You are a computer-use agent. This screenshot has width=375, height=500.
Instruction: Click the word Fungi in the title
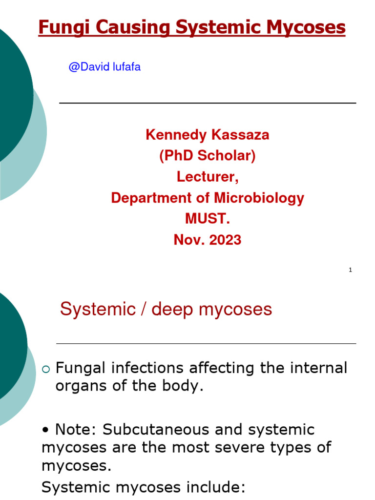(x=59, y=28)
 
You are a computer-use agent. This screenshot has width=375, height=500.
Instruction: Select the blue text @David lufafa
(x=104, y=67)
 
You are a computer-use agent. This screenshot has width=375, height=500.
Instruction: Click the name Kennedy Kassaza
(x=208, y=135)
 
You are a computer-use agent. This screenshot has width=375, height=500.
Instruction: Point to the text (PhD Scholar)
(x=208, y=156)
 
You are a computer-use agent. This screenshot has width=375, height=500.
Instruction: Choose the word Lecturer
(x=208, y=177)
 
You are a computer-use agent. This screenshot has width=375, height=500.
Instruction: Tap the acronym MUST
(x=208, y=219)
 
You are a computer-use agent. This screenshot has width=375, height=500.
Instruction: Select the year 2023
(x=224, y=240)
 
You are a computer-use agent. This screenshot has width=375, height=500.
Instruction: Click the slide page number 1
(x=351, y=270)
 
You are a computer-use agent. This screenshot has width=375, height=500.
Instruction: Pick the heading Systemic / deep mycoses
(x=166, y=309)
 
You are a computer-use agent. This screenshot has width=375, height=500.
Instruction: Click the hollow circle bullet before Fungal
(x=46, y=369)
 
